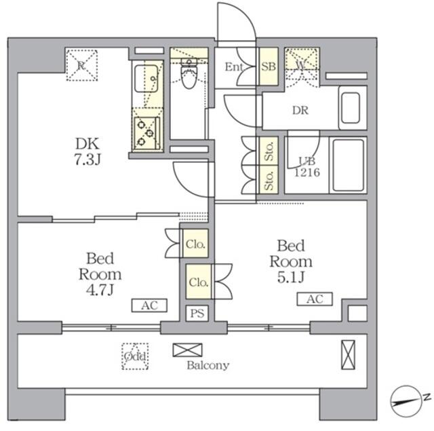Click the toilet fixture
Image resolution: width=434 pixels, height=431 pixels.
pyautogui.click(x=189, y=73)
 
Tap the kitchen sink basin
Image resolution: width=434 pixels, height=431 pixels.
pyautogui.click(x=146, y=78)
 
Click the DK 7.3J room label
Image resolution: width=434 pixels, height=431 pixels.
pyautogui.click(x=87, y=151)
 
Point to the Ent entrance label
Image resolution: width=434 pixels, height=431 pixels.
pyautogui.click(x=234, y=67)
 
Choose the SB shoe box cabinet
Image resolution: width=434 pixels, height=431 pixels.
pyautogui.click(x=269, y=67)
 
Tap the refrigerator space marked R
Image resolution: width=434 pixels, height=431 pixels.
pyautogui.click(x=81, y=65)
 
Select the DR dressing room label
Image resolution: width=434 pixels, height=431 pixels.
pyautogui.click(x=300, y=111)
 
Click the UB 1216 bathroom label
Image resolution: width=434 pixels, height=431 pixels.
pyautogui.click(x=307, y=167)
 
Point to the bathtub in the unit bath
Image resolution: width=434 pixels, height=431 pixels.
pyautogui.click(x=348, y=165)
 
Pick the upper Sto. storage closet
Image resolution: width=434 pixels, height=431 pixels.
pyautogui.click(x=269, y=151)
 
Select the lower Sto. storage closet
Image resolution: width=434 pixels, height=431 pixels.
pyautogui.click(x=269, y=180)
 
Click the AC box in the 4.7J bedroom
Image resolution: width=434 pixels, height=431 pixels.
pyautogui.click(x=149, y=305)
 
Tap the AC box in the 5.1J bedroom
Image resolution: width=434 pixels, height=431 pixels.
pyautogui.click(x=315, y=299)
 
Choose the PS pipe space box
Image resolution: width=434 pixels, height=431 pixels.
pyautogui.click(x=197, y=314)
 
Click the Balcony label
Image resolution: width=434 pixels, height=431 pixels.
pyautogui.click(x=208, y=365)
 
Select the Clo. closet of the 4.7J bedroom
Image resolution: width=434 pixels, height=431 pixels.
pyautogui.click(x=195, y=244)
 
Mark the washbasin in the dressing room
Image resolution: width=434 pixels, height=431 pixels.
pyautogui.click(x=351, y=108)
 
